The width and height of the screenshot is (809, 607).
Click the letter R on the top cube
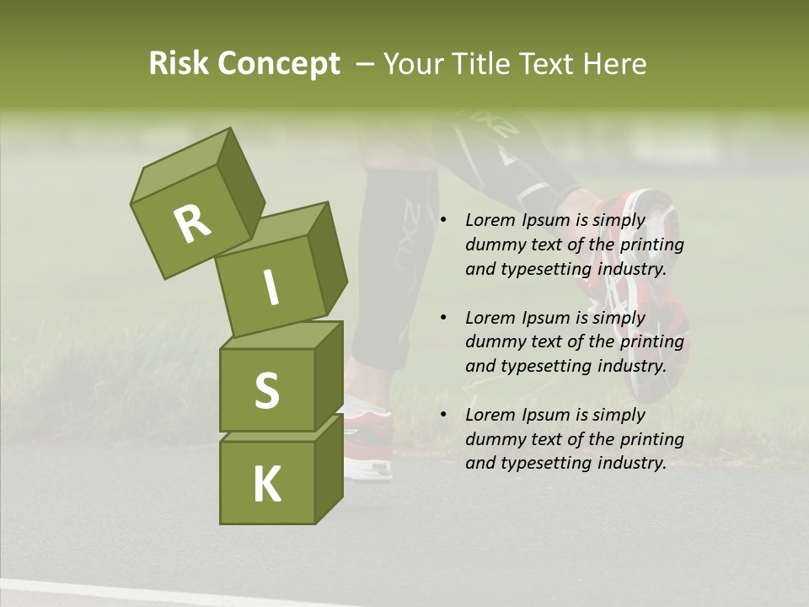click(192, 223)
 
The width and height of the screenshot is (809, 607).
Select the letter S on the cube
click(266, 389)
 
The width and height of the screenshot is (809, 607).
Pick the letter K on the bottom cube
click(266, 485)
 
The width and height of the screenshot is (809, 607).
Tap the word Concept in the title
click(278, 64)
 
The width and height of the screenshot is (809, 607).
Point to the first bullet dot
click(443, 221)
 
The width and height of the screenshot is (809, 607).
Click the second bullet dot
click(443, 318)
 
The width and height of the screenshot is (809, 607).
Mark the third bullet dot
click(443, 415)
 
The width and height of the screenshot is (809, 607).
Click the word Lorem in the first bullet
click(490, 221)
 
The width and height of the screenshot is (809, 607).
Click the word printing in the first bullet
click(651, 245)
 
